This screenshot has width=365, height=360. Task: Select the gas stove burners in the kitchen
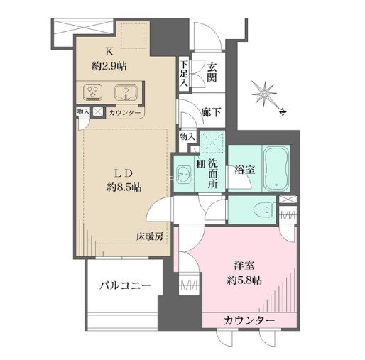[x=94, y=92]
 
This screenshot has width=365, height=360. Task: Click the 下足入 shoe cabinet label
[x=184, y=73]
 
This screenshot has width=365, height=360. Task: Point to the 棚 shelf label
[x=202, y=165]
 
